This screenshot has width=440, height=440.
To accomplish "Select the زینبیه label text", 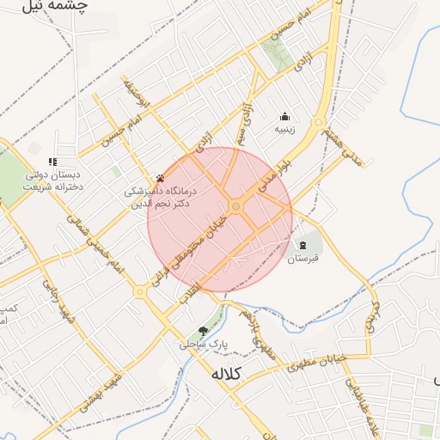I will point(284,131).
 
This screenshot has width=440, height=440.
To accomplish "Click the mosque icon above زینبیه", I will point(284,116).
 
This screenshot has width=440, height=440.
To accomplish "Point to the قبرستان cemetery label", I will point(302,258).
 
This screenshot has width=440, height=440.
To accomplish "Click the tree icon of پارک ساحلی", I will point(203,330).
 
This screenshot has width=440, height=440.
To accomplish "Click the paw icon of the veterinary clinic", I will point(160,178).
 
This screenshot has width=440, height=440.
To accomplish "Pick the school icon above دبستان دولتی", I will point(52,161).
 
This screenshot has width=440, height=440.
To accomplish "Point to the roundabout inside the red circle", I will point(235,206).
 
